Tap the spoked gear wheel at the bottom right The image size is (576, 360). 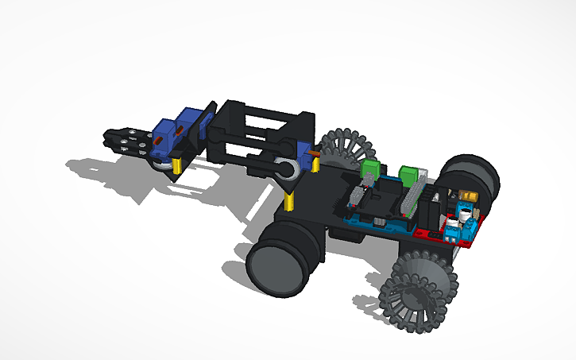(x=419, y=290)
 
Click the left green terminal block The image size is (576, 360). (x=370, y=169)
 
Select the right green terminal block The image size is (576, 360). (x=412, y=174)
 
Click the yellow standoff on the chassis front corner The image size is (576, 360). (x=291, y=199)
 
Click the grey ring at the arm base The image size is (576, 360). (x=286, y=169)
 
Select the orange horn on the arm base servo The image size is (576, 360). (x=314, y=154)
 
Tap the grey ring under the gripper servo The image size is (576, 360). (x=161, y=165)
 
